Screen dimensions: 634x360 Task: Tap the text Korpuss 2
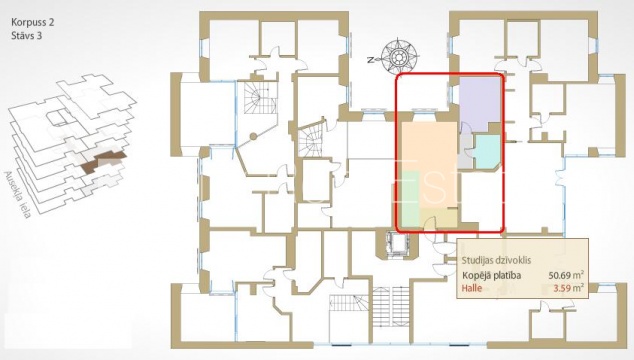coord(33,22)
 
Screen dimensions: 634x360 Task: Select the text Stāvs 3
coord(27,36)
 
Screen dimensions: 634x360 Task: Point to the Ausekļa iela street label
coord(18,195)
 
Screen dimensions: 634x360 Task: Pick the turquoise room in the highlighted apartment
coord(487,151)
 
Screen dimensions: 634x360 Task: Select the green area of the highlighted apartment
coord(410,198)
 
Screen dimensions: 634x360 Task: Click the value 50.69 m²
coord(566,275)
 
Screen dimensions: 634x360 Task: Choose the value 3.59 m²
coord(568,288)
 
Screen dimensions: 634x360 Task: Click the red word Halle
coord(472,288)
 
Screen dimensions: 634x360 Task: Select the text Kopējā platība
coord(492,275)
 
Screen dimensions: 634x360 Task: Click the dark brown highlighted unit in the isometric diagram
coord(102,161)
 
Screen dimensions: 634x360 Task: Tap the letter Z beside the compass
coord(370,60)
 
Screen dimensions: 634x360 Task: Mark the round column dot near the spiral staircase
coord(253,137)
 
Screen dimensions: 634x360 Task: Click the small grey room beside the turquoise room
coord(466,151)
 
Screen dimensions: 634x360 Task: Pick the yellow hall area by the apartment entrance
coord(439,218)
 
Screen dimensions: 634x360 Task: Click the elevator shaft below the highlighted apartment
coord(397,244)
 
